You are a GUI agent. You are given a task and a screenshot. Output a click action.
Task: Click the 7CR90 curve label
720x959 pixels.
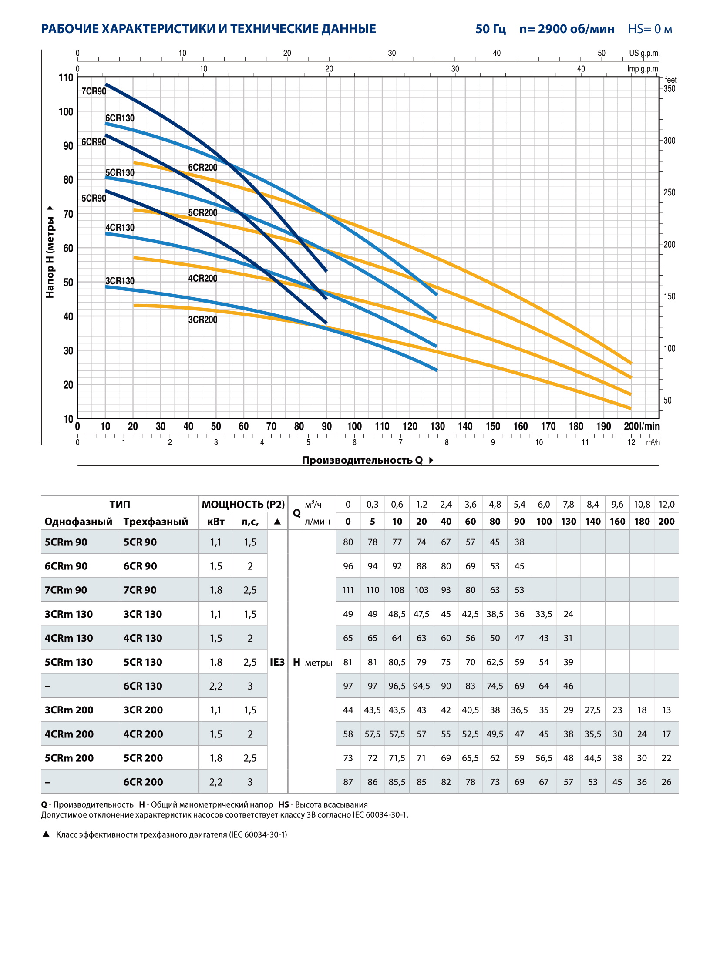pyautogui.click(x=94, y=91)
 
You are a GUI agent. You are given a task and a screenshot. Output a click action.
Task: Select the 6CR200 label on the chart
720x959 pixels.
pyautogui.click(x=202, y=167)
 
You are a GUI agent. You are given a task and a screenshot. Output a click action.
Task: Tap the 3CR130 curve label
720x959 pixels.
pyautogui.click(x=120, y=281)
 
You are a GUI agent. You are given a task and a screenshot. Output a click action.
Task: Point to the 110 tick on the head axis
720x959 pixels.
pyautogui.click(x=66, y=77)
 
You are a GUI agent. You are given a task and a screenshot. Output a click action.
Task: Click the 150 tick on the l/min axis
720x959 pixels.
pyautogui.click(x=493, y=426)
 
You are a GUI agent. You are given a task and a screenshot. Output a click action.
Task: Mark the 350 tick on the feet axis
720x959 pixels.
pyautogui.click(x=669, y=88)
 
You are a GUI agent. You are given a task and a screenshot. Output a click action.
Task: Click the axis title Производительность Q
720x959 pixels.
pyautogui.click(x=362, y=460)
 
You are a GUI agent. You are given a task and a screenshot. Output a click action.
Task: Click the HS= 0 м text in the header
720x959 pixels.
pyautogui.click(x=650, y=29)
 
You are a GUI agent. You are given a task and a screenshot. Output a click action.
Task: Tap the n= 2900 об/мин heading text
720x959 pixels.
pyautogui.click(x=567, y=29)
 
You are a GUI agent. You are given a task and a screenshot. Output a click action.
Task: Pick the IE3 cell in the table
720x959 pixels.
pyautogui.click(x=277, y=662)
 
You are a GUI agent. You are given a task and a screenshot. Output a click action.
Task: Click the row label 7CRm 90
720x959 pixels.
pyautogui.click(x=66, y=590)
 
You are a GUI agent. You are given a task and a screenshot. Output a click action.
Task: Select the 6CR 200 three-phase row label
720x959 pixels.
pyautogui.click(x=143, y=782)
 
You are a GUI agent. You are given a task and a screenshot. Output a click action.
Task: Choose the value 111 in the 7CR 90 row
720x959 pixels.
pyautogui.click(x=348, y=590)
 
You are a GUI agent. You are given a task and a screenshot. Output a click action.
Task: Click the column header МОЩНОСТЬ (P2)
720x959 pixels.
pyautogui.click(x=243, y=504)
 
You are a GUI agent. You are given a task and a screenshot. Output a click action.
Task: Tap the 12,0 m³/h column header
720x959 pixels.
pyautogui.click(x=666, y=504)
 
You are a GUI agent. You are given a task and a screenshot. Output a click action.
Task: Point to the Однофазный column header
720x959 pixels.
pyautogui.click(x=78, y=522)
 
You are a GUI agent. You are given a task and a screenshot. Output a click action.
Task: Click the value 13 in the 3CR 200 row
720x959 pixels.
pyautogui.click(x=666, y=710)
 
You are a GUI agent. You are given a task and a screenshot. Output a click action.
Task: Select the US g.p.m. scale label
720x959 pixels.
pyautogui.click(x=644, y=53)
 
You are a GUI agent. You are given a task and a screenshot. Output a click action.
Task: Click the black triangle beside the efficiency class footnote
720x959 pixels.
pyautogui.click(x=46, y=834)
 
